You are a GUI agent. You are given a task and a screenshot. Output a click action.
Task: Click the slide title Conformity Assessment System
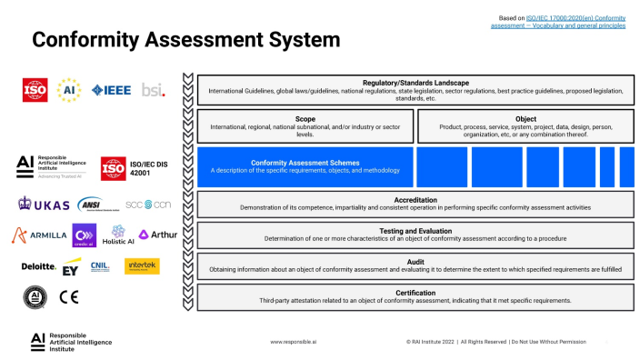point(185,40)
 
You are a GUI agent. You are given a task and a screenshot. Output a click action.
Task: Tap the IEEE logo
point(111,89)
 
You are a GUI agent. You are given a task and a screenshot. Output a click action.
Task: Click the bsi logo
point(153,89)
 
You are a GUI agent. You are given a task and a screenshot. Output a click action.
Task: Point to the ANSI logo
point(90,204)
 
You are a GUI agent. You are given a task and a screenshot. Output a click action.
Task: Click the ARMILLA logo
point(40,235)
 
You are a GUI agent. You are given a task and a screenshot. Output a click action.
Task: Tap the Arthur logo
point(158,235)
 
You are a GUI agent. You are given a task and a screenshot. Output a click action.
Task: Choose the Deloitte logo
point(39,266)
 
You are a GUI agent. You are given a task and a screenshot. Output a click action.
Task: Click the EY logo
point(73,268)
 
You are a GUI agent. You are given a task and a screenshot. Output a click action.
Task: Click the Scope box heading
point(305,118)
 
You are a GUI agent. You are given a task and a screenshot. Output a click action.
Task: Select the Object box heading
point(525,118)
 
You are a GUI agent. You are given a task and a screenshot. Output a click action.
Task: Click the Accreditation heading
point(415,199)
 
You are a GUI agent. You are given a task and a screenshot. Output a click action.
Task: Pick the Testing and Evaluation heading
point(415,230)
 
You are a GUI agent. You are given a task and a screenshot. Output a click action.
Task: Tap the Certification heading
point(415,292)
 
